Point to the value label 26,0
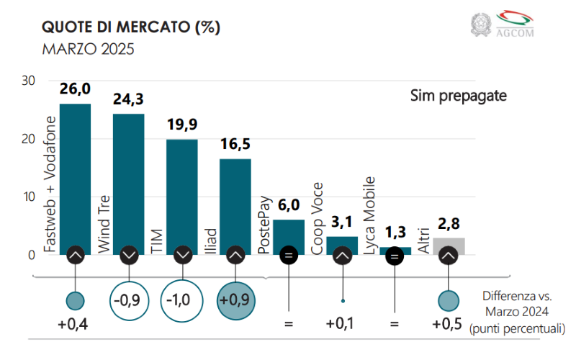click(75, 89)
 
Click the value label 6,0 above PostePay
click(289, 206)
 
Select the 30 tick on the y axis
click(28, 81)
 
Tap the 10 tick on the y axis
click(28, 197)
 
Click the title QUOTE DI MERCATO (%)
click(130, 27)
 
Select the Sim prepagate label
click(459, 96)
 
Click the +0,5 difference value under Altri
click(448, 324)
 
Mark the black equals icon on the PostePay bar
click(289, 255)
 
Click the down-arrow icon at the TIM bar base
click(182, 255)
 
